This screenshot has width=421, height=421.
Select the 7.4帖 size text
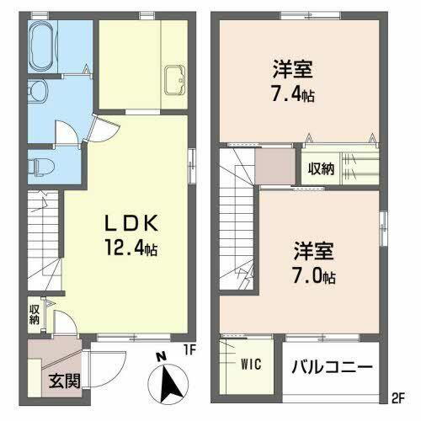tap(293, 95)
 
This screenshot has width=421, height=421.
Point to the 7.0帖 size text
tap(315, 276)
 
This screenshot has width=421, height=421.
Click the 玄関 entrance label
tap(63, 380)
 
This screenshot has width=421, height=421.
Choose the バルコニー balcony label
tap(333, 368)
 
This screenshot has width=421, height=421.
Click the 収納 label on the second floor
tap(320, 168)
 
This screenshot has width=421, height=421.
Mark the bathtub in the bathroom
tap(42, 47)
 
